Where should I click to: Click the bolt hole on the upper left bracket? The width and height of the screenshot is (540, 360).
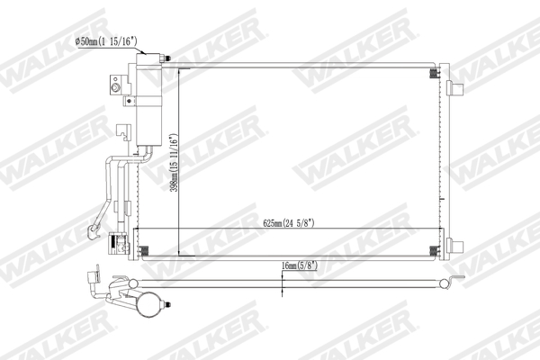[116, 86]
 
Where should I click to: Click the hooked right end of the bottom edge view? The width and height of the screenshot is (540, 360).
[444, 285]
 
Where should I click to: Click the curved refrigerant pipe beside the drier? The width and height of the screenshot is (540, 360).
[112, 180]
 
